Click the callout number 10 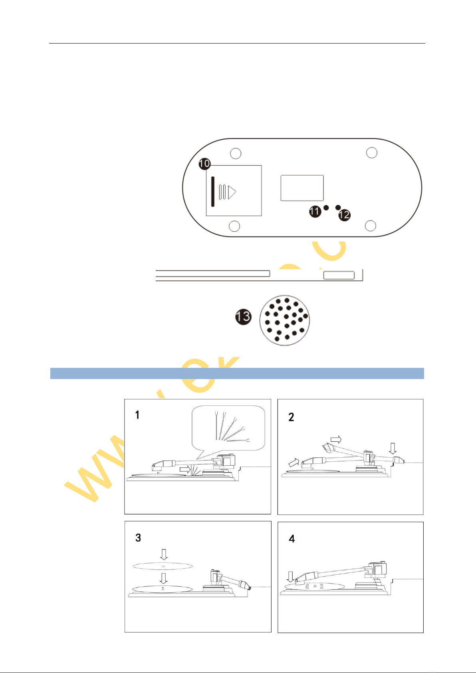204,163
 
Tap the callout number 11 315,211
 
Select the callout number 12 344,215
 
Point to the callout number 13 243,317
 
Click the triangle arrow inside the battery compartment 232,192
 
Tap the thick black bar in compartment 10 213,192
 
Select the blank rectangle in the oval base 302,188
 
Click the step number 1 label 137,415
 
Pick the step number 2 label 291,417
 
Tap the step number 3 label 138,538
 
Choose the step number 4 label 292,539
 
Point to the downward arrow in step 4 290,576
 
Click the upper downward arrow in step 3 163,554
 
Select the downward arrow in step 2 393,448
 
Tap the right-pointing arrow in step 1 185,469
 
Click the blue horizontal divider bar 237,373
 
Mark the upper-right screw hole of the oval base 371,153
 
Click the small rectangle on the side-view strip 339,275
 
